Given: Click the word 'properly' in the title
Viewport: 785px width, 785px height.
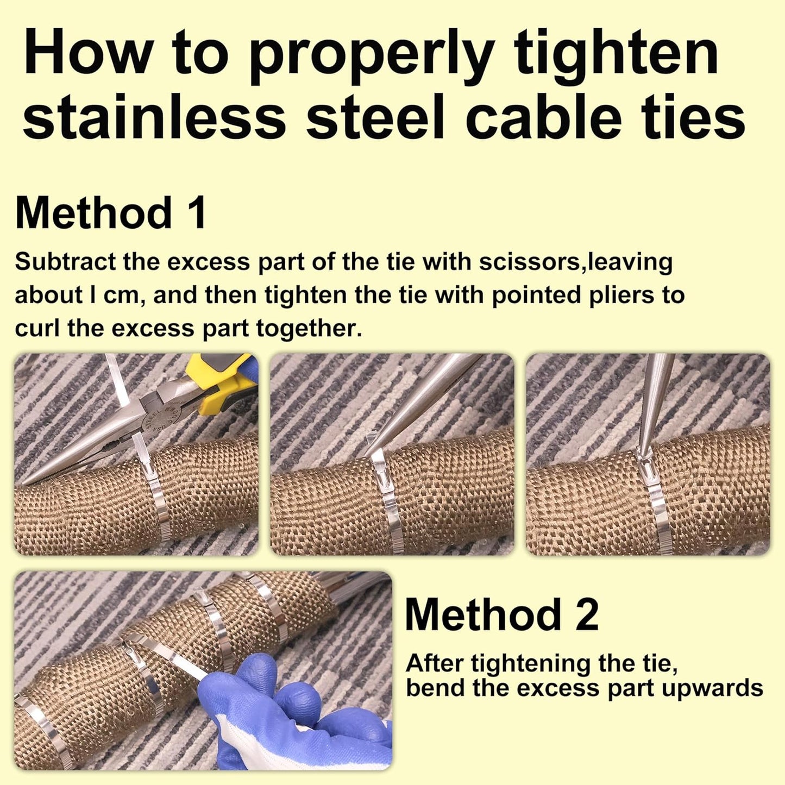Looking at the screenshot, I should tap(371, 54).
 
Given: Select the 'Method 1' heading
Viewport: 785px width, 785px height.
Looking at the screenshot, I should tap(111, 213).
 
